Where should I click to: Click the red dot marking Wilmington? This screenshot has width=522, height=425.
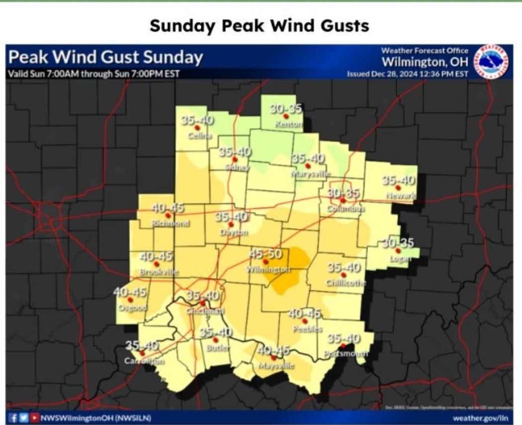(x=265, y=261)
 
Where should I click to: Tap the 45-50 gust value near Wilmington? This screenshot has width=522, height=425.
(x=265, y=254)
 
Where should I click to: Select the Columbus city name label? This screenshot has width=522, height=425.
(x=346, y=209)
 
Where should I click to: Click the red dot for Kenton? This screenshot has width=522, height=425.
(x=286, y=116)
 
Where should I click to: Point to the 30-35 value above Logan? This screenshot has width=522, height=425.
(x=398, y=243)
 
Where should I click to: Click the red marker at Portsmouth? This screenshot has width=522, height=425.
(x=343, y=346)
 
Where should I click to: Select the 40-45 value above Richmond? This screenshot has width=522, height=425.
(x=169, y=208)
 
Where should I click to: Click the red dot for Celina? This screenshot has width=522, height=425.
(x=197, y=128)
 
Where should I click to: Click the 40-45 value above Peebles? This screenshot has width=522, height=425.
(x=305, y=313)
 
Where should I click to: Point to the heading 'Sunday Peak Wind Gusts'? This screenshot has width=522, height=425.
(x=260, y=25)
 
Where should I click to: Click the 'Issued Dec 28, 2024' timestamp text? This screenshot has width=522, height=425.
(x=408, y=74)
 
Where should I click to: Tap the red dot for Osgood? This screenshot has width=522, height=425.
(x=130, y=300)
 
